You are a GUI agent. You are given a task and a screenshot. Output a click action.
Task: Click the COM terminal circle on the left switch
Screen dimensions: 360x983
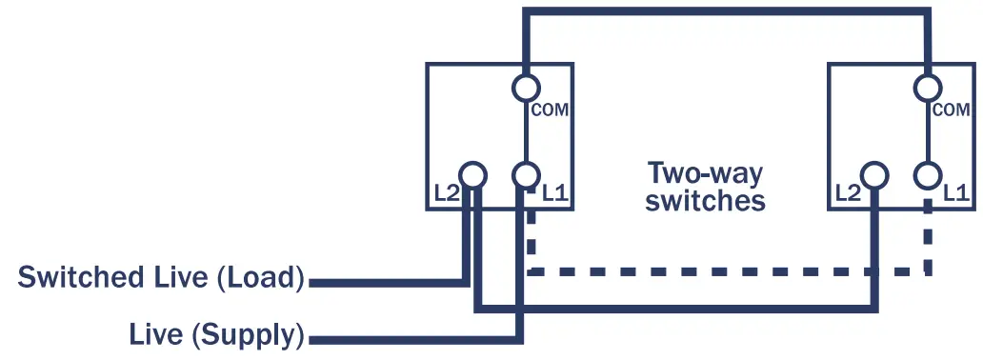pos(526,89)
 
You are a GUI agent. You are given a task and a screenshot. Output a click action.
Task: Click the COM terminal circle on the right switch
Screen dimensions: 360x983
pos(928,89)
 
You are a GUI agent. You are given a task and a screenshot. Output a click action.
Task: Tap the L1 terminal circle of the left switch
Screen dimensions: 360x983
pos(526,175)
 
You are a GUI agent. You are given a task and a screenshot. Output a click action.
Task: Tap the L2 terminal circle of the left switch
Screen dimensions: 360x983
pos(473,175)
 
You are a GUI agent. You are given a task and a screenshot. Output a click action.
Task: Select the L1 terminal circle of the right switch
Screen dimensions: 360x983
pos(928,175)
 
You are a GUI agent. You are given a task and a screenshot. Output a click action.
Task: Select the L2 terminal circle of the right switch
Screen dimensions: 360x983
pos(875,175)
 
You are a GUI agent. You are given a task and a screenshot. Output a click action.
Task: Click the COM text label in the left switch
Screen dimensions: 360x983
pos(550,110)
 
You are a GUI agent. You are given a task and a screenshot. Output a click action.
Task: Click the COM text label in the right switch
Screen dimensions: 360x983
pos(952,110)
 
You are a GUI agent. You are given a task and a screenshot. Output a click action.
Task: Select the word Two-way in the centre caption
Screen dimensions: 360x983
pos(705,174)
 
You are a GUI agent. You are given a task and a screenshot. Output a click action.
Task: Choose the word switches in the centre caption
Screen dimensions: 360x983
pos(705,202)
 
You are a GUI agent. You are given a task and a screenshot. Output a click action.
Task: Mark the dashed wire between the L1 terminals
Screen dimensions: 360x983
pos(724,272)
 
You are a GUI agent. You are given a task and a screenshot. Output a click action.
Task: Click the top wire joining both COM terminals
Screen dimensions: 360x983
pos(724,11)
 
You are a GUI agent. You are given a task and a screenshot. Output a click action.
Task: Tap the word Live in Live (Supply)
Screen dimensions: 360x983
pos(155,335)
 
